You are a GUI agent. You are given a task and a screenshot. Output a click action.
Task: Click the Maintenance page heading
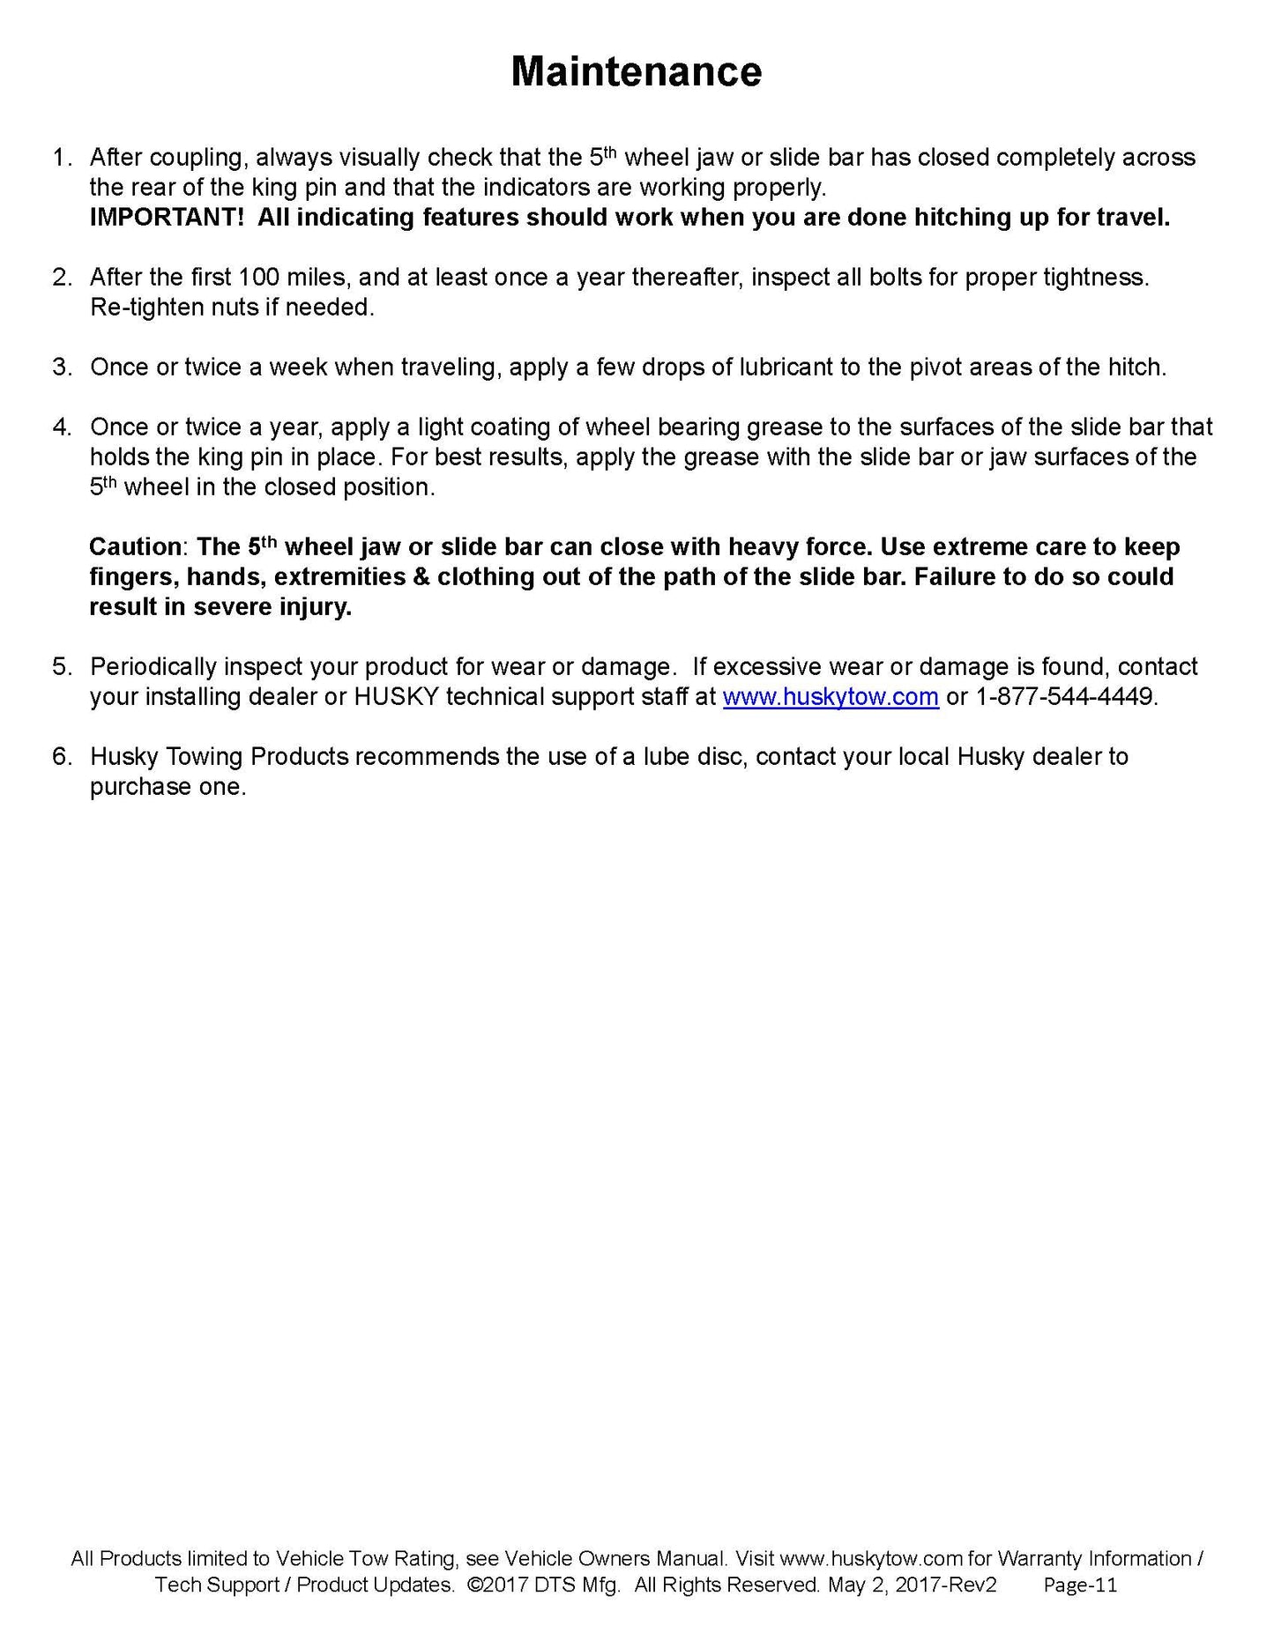636,71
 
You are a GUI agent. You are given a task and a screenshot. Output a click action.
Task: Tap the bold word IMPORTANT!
166,218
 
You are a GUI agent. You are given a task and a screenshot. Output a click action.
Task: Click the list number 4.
61,427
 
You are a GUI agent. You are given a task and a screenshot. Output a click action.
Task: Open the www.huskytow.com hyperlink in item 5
830,697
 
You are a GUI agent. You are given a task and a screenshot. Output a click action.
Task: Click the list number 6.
61,757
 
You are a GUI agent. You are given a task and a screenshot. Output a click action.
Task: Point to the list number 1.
61,159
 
